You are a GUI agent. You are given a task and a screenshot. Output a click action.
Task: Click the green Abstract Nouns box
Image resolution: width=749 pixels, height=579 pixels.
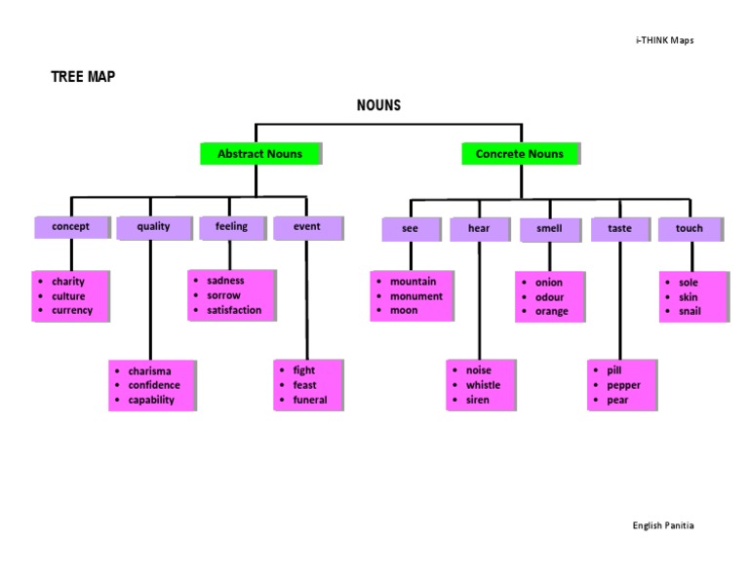259,154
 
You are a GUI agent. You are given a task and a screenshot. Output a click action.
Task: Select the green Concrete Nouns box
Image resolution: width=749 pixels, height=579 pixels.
519,154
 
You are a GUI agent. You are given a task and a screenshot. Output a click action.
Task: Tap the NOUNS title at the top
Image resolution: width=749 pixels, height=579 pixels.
378,105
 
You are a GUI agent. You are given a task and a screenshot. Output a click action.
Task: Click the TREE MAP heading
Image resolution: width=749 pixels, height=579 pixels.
83,76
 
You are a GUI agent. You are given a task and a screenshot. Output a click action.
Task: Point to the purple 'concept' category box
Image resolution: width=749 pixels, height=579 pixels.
70,226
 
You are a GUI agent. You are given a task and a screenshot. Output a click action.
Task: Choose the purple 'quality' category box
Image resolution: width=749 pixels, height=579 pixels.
153,226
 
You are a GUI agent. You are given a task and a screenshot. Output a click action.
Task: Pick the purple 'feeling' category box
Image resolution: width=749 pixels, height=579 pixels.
231,226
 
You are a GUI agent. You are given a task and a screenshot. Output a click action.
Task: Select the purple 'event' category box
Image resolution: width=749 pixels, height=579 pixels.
306,226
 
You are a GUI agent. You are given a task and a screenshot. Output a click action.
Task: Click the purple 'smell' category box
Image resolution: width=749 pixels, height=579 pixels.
549,229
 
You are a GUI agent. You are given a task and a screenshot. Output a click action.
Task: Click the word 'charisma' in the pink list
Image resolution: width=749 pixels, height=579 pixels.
149,371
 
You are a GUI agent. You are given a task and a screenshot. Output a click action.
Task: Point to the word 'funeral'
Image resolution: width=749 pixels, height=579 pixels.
310,400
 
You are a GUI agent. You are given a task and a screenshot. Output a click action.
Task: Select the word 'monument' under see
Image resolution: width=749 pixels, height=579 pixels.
415,296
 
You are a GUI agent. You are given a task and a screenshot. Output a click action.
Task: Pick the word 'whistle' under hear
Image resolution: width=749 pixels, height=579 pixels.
483,385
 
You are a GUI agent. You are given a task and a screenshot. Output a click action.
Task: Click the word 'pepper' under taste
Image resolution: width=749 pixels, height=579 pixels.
623,386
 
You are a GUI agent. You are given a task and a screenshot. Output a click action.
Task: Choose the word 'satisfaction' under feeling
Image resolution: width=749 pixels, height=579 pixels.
234,310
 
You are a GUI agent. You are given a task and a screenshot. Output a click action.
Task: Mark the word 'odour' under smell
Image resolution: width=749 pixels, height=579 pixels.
549,297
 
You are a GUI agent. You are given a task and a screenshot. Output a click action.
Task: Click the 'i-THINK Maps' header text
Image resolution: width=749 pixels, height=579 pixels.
664,40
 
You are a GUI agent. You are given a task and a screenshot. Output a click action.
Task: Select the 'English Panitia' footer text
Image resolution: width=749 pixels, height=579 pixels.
663,525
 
